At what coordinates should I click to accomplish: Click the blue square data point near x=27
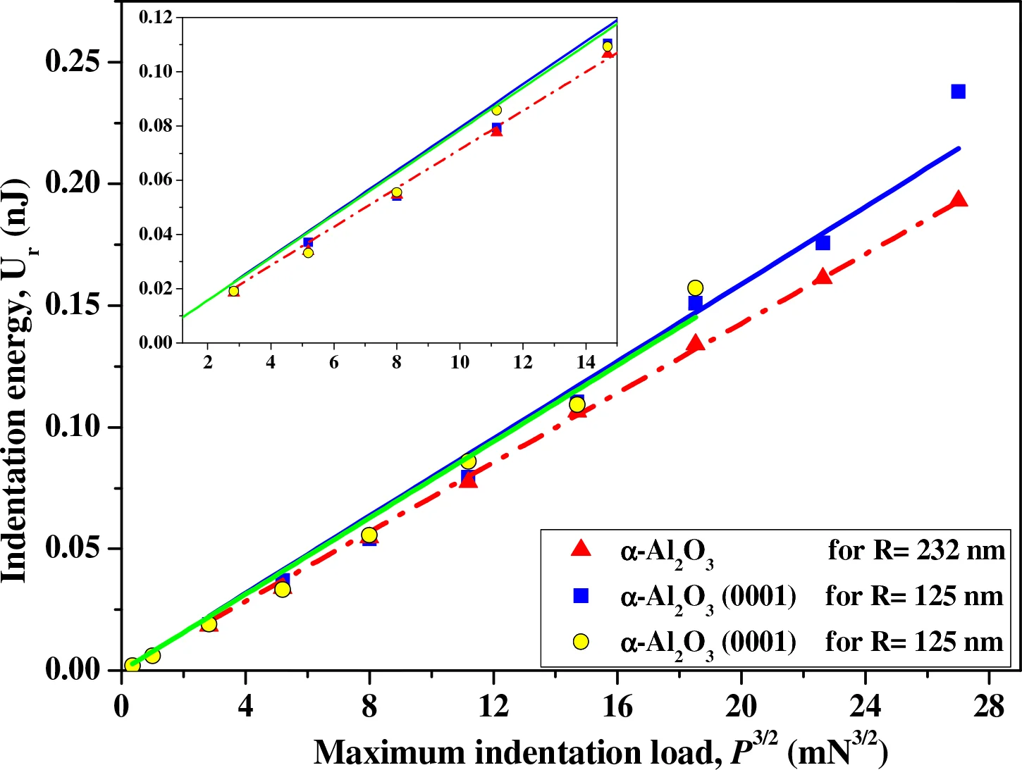[x=958, y=92]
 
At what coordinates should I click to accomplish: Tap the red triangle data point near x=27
[x=958, y=200]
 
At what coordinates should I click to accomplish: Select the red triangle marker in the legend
[x=581, y=549]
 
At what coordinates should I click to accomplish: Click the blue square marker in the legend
[x=581, y=596]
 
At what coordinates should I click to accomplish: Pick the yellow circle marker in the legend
[x=581, y=641]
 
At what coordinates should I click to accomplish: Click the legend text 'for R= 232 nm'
[x=916, y=549]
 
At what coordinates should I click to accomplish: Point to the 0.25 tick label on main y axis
[x=73, y=62]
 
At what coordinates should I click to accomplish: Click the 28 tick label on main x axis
[x=989, y=705]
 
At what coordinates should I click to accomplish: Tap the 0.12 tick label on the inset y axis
[x=156, y=17]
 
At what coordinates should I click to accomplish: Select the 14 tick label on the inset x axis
[x=586, y=362]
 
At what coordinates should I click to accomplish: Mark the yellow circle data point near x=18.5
[x=695, y=287]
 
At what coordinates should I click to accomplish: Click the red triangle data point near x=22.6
[x=823, y=277]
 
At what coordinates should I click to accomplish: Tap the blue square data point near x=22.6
[x=823, y=243]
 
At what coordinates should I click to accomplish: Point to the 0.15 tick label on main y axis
[x=73, y=305]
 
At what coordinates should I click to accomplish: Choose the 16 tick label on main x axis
[x=617, y=705]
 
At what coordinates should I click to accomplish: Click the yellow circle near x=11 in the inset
[x=496, y=110]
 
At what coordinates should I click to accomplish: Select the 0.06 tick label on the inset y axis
[x=156, y=180]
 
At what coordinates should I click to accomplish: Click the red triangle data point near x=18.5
[x=696, y=344]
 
